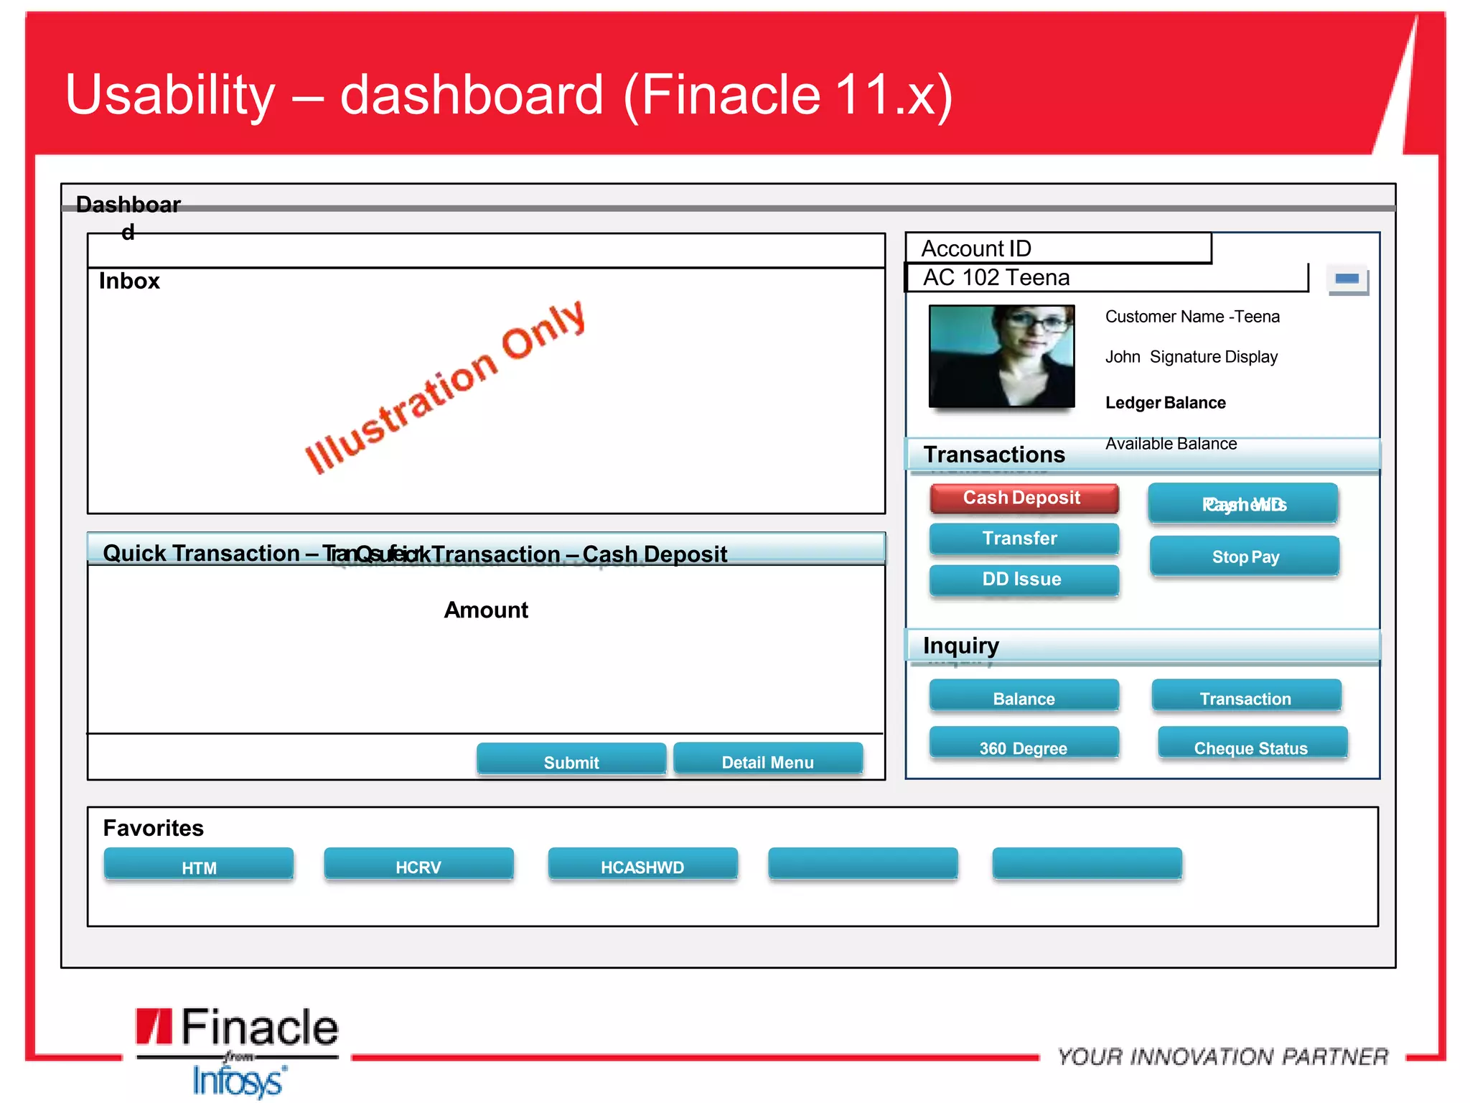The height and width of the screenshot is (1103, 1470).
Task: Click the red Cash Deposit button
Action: pyautogui.click(x=1024, y=498)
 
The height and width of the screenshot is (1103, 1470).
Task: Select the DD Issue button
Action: pyautogui.click(x=1024, y=580)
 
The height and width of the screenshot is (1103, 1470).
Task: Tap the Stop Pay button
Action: pyautogui.click(x=1245, y=557)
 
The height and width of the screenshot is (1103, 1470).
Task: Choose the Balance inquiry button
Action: pyautogui.click(x=1024, y=697)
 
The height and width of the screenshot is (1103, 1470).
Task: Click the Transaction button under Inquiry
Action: pyautogui.click(x=1246, y=697)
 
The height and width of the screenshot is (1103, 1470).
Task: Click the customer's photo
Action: pyautogui.click(x=1001, y=356)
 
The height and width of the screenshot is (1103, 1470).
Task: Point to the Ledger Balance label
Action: pyautogui.click(x=1165, y=403)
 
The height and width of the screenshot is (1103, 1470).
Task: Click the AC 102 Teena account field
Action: pyautogui.click(x=1105, y=278)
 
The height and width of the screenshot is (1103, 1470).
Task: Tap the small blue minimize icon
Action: pyautogui.click(x=1347, y=279)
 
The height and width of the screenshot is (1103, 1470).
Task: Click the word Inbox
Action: pyautogui.click(x=129, y=281)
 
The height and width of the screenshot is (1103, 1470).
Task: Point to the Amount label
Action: pyautogui.click(x=486, y=610)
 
